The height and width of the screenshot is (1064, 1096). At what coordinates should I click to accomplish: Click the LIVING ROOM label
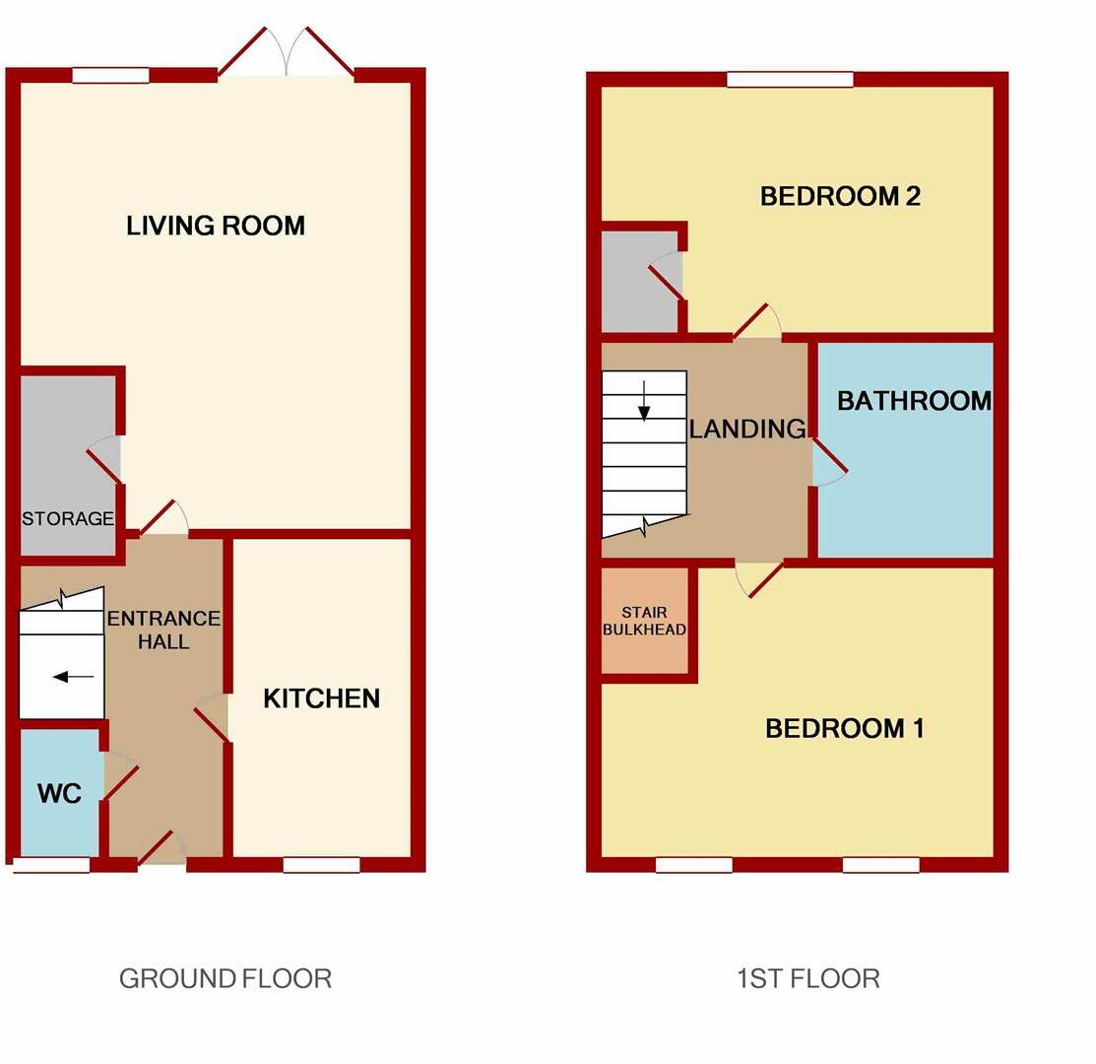pyautogui.click(x=216, y=226)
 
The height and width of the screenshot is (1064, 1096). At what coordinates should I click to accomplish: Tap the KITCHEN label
pyautogui.click(x=321, y=698)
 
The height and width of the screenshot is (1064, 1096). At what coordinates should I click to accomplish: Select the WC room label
pyautogui.click(x=59, y=793)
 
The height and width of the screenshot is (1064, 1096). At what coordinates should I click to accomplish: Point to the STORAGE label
pyautogui.click(x=68, y=519)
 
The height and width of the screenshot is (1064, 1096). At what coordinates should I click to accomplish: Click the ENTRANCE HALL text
pyautogui.click(x=163, y=630)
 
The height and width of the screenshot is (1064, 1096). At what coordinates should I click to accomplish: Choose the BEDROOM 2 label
pyautogui.click(x=840, y=196)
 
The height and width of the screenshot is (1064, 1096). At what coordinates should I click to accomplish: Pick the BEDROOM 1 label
pyautogui.click(x=844, y=728)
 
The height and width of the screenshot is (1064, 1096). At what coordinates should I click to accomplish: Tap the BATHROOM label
pyautogui.click(x=913, y=401)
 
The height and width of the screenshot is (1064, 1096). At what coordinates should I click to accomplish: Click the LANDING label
pyautogui.click(x=746, y=429)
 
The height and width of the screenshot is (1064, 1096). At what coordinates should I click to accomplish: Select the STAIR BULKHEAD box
pyautogui.click(x=644, y=622)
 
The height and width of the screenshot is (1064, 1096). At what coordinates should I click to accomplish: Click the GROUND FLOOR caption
pyautogui.click(x=225, y=978)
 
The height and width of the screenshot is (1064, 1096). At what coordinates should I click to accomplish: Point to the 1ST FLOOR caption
pyautogui.click(x=807, y=978)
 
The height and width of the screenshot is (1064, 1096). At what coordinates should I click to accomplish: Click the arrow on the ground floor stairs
pyautogui.click(x=74, y=677)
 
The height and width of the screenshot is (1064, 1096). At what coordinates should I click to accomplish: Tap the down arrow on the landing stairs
pyautogui.click(x=644, y=400)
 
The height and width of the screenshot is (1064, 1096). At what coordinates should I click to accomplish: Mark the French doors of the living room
pyautogui.click(x=286, y=54)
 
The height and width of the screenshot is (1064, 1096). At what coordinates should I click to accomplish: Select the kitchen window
pyautogui.click(x=321, y=865)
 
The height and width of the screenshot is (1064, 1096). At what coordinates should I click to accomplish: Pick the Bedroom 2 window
pyautogui.click(x=790, y=80)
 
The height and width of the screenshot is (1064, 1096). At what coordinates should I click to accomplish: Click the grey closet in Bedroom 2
pyautogui.click(x=638, y=282)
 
